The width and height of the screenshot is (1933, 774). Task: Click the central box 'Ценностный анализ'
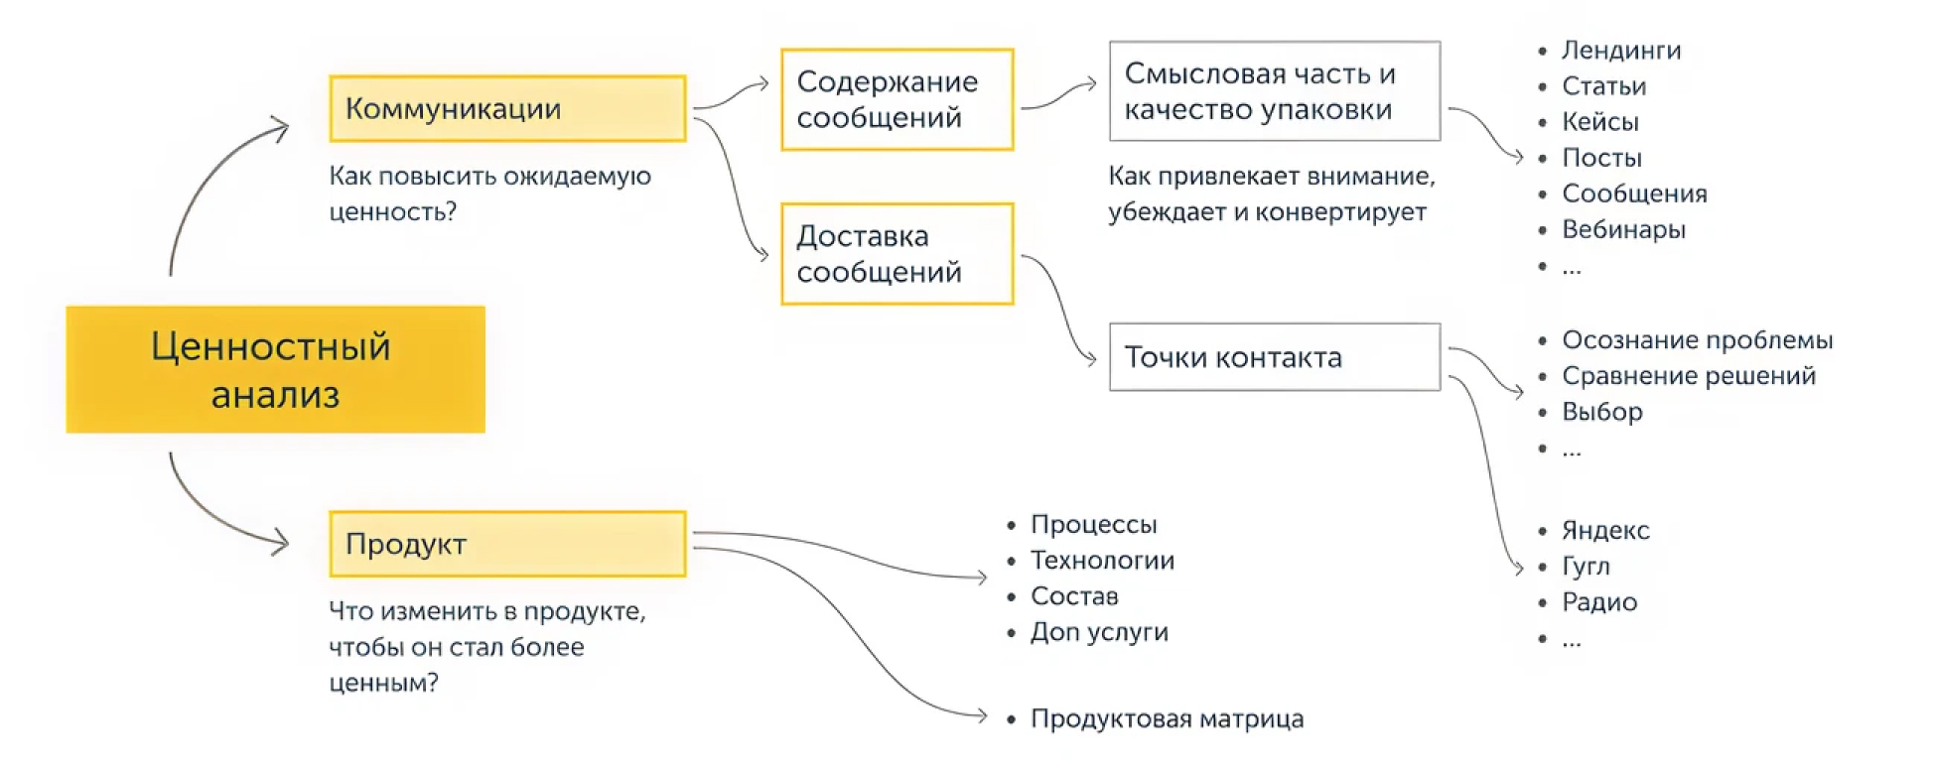(x=275, y=369)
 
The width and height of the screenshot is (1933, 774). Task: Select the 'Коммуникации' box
(x=507, y=108)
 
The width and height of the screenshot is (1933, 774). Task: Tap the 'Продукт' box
(x=507, y=544)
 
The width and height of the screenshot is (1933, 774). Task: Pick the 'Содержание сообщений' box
(x=897, y=99)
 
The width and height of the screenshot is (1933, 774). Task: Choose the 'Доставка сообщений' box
(x=897, y=254)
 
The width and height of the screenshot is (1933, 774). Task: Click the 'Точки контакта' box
(x=1274, y=357)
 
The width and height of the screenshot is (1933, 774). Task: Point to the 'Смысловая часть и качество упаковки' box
(x=1274, y=91)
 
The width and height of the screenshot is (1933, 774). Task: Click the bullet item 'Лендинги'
(x=1620, y=51)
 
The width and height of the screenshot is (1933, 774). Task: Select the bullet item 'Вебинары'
(x=1623, y=230)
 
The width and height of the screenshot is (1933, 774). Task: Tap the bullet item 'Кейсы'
(x=1599, y=122)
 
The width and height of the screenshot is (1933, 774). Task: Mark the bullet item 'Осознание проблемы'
(x=1697, y=340)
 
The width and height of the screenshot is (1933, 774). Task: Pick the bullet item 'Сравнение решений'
(x=1688, y=376)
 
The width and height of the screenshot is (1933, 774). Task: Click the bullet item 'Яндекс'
(x=1604, y=531)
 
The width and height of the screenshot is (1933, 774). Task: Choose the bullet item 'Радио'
(x=1598, y=602)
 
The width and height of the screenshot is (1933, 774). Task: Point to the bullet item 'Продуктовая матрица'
(x=1167, y=719)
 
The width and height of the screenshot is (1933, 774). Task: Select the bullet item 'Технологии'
(x=1102, y=561)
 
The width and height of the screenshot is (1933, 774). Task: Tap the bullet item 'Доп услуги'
(x=1099, y=632)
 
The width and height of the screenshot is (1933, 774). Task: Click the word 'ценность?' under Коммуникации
(x=393, y=212)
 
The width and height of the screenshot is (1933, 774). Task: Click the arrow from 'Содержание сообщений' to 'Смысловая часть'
(x=1058, y=94)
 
